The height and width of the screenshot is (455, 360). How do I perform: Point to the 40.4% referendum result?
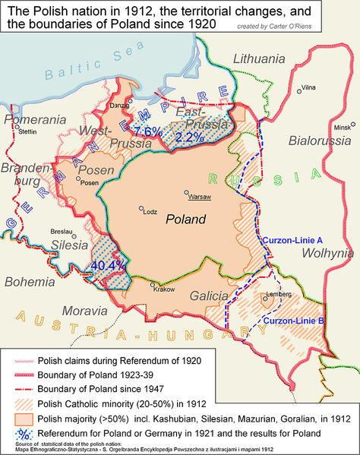[108, 266]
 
